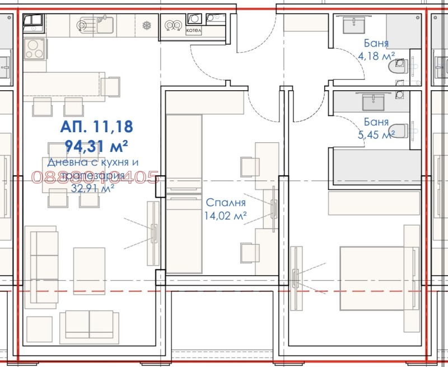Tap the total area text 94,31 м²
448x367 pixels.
pos(96,147)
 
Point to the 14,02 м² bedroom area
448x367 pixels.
pos(225,215)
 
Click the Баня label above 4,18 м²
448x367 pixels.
pos(376,43)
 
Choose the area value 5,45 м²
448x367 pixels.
pos(376,134)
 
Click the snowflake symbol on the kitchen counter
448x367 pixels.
pos(147,25)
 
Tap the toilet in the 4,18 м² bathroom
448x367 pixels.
pos(398,68)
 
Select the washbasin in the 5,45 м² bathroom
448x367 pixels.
pos(373,102)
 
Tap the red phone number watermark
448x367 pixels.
pos(96,178)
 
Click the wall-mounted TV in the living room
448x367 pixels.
pos(153,233)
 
